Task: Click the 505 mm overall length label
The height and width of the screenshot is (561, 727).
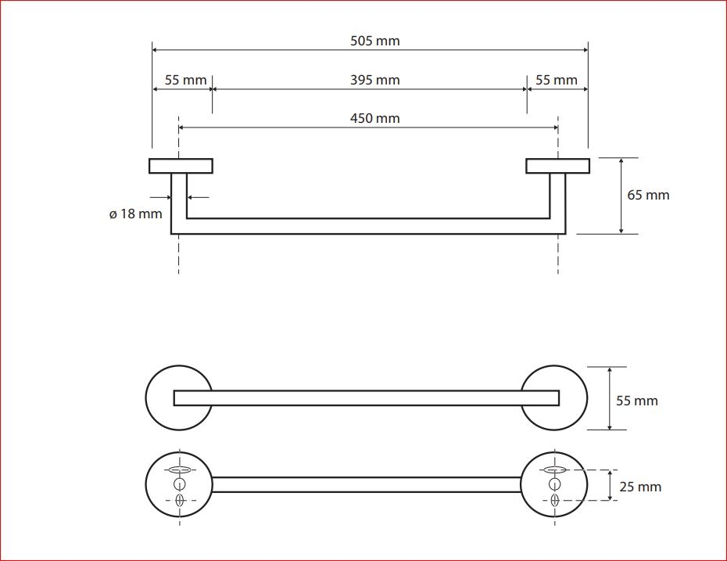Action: coord(374,41)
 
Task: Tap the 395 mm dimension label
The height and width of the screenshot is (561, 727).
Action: coord(374,80)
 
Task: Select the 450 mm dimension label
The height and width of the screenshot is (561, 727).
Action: coord(374,118)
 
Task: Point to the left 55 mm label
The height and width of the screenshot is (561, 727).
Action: coord(185,80)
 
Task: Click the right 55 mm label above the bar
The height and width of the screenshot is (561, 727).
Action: coord(557,80)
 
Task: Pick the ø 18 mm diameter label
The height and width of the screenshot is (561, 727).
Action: coord(135,214)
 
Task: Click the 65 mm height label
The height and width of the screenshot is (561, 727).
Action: coord(648,195)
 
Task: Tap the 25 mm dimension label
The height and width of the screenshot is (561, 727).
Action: coord(640,487)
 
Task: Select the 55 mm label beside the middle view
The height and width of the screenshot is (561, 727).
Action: coord(636,401)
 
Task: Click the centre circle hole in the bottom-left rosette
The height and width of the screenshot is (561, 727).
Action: coord(180,484)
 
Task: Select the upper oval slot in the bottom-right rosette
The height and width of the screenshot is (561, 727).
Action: coord(554,469)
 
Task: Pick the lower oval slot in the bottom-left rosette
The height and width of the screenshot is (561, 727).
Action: coord(180,501)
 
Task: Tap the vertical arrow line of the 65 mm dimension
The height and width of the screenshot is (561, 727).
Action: coord(621,196)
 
